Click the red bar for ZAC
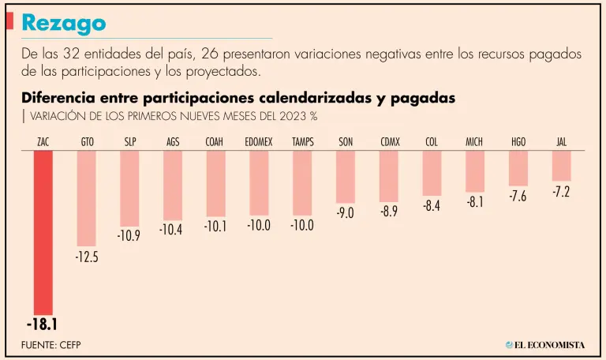pos(43,233)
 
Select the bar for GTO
pos(87,198)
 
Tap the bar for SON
pos(346,177)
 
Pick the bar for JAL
pos(561,166)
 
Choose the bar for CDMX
pos(389,176)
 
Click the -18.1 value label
pos(43,324)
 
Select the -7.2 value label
pos(561,192)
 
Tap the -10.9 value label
pos(129,235)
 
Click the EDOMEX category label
pos(259,142)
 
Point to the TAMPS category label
pos(303,142)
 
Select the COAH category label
pos(216,142)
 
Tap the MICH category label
pos(474,142)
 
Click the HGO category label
pos(518,142)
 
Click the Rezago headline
pos(64,24)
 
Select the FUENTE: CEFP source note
pos(51,345)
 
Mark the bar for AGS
pos(173,186)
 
